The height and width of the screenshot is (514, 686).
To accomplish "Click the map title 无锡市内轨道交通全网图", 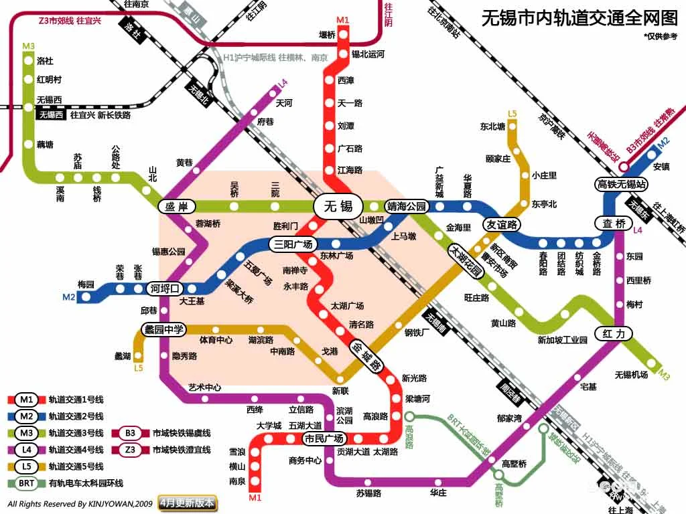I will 579,18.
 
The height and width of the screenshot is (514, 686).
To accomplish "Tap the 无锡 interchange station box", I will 338,205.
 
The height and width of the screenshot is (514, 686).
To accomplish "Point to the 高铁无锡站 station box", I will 622,183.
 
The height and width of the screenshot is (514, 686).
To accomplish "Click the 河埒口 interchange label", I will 165,289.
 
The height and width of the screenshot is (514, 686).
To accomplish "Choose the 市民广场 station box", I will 324,439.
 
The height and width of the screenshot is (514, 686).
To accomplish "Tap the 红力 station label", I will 614,333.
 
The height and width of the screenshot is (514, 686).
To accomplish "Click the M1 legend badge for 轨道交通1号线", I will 27,400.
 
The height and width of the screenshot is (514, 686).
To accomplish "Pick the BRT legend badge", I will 27,483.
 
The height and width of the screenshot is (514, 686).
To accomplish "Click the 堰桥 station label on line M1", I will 326,35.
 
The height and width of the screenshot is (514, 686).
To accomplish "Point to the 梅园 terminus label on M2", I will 86,284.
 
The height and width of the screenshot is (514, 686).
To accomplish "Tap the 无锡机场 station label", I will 631,375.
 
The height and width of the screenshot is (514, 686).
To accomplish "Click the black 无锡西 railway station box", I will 51,114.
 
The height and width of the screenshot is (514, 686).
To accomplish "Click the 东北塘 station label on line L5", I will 492,126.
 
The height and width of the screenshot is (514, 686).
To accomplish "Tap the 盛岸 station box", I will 176,207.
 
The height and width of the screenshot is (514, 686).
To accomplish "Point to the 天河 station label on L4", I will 284,103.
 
